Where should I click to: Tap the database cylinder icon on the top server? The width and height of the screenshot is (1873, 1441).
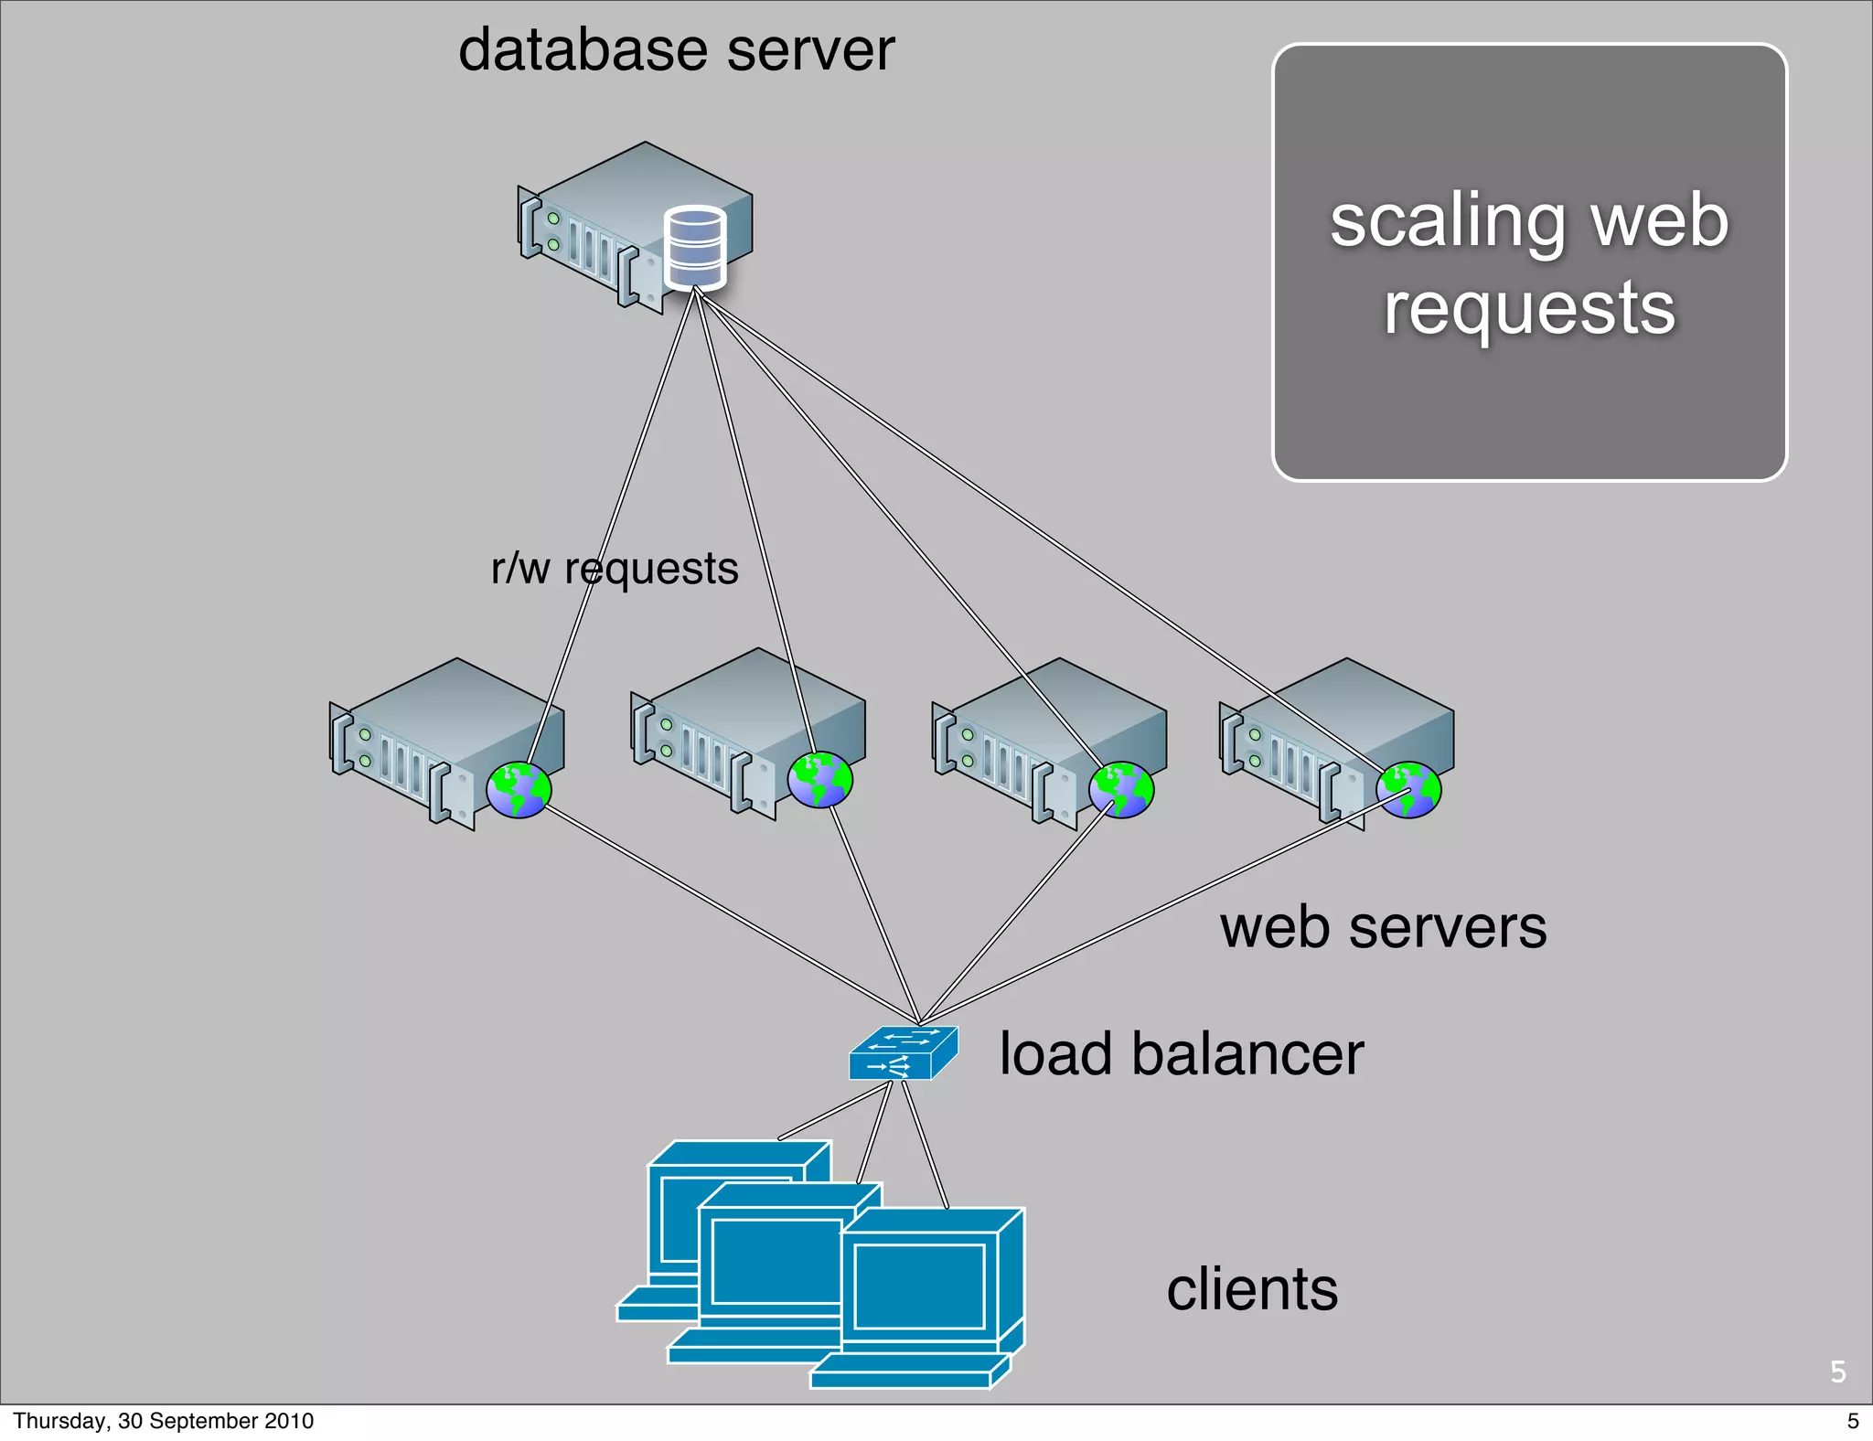[695, 247]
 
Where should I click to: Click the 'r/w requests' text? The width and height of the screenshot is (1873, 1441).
[614, 569]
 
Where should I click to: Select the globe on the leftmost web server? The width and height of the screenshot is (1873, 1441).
[519, 789]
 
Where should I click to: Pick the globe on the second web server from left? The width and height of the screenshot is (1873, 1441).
[819, 780]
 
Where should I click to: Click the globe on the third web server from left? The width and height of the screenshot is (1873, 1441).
[1121, 789]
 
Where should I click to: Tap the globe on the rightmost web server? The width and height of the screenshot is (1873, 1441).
[1408, 789]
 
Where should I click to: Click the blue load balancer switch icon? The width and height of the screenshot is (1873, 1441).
[903, 1053]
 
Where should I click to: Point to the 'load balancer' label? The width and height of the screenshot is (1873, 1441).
[1181, 1054]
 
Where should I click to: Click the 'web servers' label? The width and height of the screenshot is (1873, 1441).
[1383, 927]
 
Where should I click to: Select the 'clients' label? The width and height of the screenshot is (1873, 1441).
[1252, 1289]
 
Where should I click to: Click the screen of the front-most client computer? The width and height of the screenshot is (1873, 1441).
[918, 1286]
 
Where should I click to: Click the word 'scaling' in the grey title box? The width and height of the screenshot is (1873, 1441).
[1448, 222]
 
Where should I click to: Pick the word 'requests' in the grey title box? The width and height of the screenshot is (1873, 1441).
[1529, 308]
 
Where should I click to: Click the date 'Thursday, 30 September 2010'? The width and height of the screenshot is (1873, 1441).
[163, 1421]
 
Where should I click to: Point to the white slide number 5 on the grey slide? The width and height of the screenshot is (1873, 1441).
[1837, 1372]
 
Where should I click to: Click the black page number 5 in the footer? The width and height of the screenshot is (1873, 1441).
[1853, 1421]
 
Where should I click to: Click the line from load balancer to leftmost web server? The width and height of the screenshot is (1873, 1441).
[732, 914]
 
